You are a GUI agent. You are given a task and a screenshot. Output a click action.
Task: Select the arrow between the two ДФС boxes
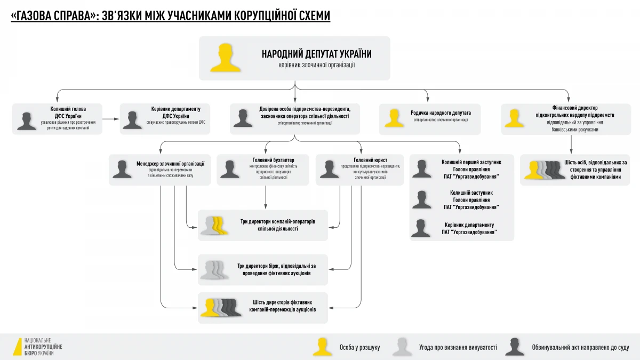(x=110, y=118)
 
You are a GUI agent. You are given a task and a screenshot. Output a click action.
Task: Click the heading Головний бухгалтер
(x=273, y=159)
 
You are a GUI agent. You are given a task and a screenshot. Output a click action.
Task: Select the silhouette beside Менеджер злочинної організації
(x=122, y=169)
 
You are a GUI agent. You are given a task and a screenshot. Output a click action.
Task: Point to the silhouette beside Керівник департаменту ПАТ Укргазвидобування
(x=421, y=228)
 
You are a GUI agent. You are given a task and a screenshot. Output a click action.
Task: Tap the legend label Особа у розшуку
(x=359, y=347)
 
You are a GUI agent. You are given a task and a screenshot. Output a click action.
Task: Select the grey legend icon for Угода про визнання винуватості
(x=402, y=347)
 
